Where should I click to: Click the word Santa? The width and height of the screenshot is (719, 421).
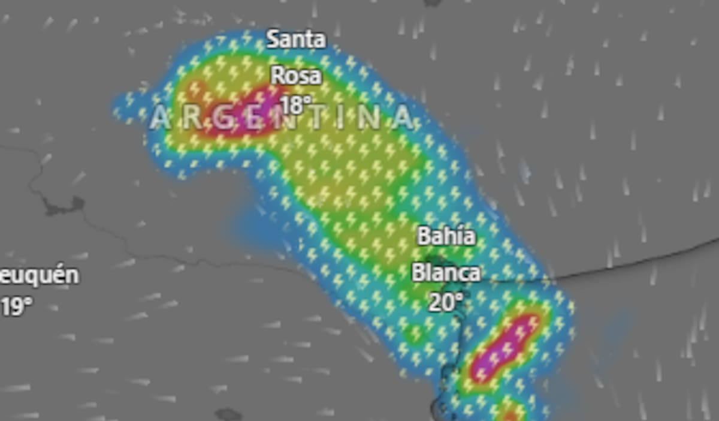point(296,40)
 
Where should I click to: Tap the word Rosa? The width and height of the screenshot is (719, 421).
point(296,76)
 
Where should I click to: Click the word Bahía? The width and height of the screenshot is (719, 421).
point(446,236)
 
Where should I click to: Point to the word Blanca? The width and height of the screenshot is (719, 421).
point(446,273)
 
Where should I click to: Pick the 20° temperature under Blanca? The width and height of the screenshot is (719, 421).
point(446,302)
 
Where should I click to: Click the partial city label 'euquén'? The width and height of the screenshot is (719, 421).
point(40,276)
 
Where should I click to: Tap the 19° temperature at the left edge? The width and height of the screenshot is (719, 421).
point(16,307)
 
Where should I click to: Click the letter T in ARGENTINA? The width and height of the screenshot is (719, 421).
point(312,118)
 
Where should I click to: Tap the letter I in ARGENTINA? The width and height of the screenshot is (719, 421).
point(340,118)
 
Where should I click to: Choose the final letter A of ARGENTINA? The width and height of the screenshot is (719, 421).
point(403,118)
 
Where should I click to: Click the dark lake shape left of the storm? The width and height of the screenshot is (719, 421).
point(62,207)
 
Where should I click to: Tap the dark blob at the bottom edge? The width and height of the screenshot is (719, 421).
point(228,414)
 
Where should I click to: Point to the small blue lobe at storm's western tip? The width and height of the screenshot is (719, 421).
point(125,108)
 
